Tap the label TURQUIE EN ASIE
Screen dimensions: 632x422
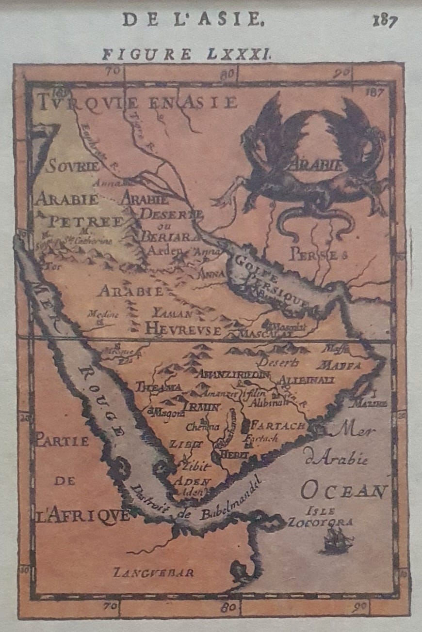[x=138, y=102]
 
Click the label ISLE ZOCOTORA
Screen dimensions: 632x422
[x=320, y=517]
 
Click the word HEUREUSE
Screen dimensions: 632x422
[x=183, y=329]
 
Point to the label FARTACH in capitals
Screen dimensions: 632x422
[x=279, y=426]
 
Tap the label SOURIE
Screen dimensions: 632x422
[x=73, y=167]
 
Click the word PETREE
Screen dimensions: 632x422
[x=86, y=222]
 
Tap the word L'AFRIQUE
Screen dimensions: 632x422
[x=83, y=514]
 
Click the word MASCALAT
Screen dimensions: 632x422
[x=266, y=334]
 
